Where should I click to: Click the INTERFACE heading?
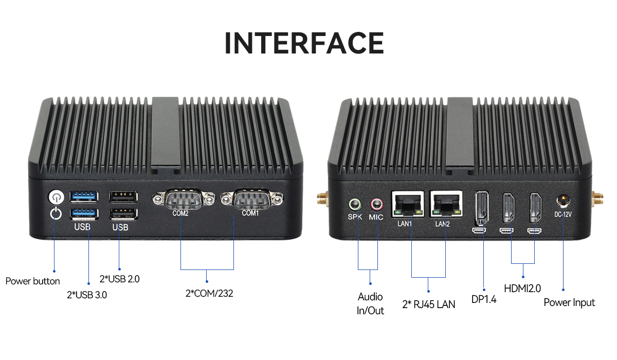[x=304, y=43]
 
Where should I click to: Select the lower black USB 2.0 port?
[x=123, y=213]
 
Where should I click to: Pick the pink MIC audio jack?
[x=376, y=205]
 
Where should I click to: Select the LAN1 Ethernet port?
[x=408, y=205]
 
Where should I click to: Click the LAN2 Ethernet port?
[x=445, y=205]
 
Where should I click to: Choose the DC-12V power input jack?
[x=564, y=201]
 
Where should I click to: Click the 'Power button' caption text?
[x=32, y=281]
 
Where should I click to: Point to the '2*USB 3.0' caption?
[x=87, y=295]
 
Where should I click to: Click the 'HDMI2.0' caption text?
[x=522, y=289]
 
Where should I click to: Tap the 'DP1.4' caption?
[x=484, y=299]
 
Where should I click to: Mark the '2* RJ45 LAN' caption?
[x=429, y=304]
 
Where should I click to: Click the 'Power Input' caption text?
[x=569, y=302]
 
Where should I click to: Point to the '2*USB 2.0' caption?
[x=119, y=279]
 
